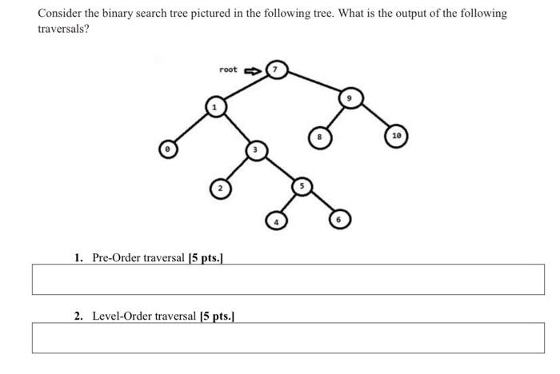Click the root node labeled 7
pyautogui.click(x=277, y=70)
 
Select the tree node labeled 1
pyautogui.click(x=214, y=106)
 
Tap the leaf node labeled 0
pyautogui.click(x=167, y=149)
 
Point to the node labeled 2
pyautogui.click(x=220, y=189)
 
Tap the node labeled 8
pyautogui.click(x=319, y=137)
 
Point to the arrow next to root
pyautogui.click(x=251, y=70)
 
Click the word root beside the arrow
pyautogui.click(x=228, y=70)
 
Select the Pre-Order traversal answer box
pyautogui.click(x=287, y=279)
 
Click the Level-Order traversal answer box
pyautogui.click(x=287, y=337)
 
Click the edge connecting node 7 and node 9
pyautogui.click(x=314, y=84)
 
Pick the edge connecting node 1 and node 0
pyautogui.click(x=190, y=128)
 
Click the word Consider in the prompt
pyautogui.click(x=59, y=14)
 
